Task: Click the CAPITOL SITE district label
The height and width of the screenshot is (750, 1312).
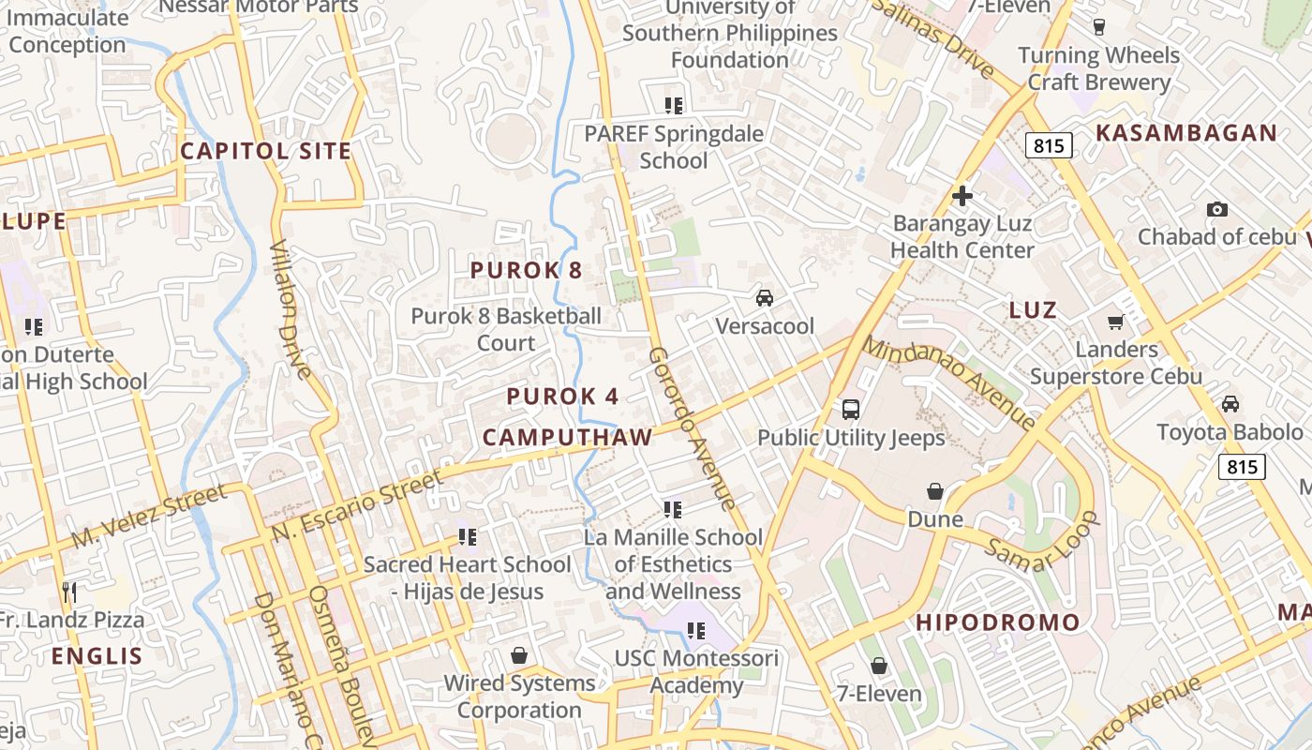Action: pyautogui.click(x=265, y=151)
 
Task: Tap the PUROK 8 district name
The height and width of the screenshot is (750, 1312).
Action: pyautogui.click(x=526, y=271)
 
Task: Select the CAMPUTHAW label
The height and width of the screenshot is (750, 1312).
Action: pyautogui.click(x=567, y=437)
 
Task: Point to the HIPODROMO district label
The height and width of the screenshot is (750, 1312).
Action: pyautogui.click(x=997, y=622)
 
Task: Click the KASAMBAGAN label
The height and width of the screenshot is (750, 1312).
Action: pyautogui.click(x=1186, y=133)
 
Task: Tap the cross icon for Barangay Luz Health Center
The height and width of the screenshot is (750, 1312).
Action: pyautogui.click(x=962, y=197)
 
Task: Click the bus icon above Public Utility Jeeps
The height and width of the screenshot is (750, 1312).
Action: pyautogui.click(x=851, y=410)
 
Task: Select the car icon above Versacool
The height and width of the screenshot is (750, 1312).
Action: pyautogui.click(x=765, y=298)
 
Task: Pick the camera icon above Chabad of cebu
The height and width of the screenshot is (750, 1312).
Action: pyautogui.click(x=1216, y=209)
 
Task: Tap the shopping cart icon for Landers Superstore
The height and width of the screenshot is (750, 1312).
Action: pyautogui.click(x=1115, y=322)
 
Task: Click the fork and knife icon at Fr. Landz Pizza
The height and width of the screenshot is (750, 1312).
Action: pyautogui.click(x=69, y=592)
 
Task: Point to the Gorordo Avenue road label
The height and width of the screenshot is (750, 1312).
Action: pyautogui.click(x=692, y=428)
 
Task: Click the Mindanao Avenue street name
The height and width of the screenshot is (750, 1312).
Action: pyautogui.click(x=947, y=382)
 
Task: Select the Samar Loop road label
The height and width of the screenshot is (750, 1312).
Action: pyautogui.click(x=1042, y=541)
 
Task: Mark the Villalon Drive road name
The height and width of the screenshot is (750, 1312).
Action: pyautogui.click(x=291, y=308)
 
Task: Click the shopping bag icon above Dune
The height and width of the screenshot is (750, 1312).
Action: pyautogui.click(x=934, y=491)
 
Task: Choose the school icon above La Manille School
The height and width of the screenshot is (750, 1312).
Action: pyautogui.click(x=672, y=510)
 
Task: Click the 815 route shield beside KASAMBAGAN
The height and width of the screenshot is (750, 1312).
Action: pyautogui.click(x=1049, y=145)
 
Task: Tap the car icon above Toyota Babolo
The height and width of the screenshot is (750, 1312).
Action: pyautogui.click(x=1230, y=404)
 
